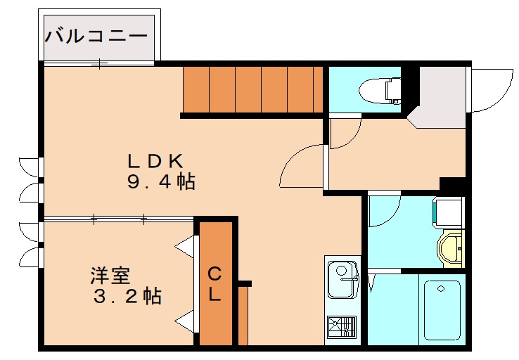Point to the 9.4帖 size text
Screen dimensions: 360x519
(x=160, y=182)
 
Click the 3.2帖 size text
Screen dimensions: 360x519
(x=127, y=296)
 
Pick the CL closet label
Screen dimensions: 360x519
(x=214, y=284)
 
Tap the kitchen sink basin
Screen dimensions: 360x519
(x=343, y=271)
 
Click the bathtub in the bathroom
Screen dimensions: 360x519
(x=441, y=309)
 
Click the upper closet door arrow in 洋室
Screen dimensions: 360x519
(x=185, y=247)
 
